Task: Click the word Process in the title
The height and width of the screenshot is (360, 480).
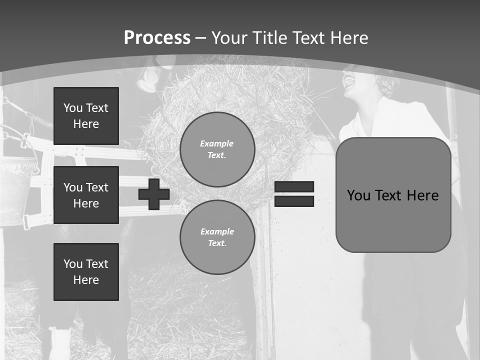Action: tap(157, 38)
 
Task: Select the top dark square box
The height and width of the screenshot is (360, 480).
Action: tap(86, 116)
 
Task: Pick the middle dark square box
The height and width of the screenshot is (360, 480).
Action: tap(86, 195)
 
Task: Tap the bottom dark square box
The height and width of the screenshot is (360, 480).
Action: tap(86, 271)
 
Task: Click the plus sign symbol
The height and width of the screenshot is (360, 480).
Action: tap(154, 194)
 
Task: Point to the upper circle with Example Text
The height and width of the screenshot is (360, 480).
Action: tap(217, 149)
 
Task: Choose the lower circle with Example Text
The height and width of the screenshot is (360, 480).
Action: tap(217, 237)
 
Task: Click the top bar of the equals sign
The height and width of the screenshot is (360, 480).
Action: tap(294, 187)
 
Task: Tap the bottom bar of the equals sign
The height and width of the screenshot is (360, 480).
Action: tap(294, 201)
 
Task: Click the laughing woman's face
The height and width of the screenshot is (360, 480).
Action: tap(355, 80)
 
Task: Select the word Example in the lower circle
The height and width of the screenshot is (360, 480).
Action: tap(217, 231)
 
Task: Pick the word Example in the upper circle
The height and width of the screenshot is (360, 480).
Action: tap(217, 143)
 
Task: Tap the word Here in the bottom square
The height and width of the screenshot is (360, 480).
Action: tap(86, 280)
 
